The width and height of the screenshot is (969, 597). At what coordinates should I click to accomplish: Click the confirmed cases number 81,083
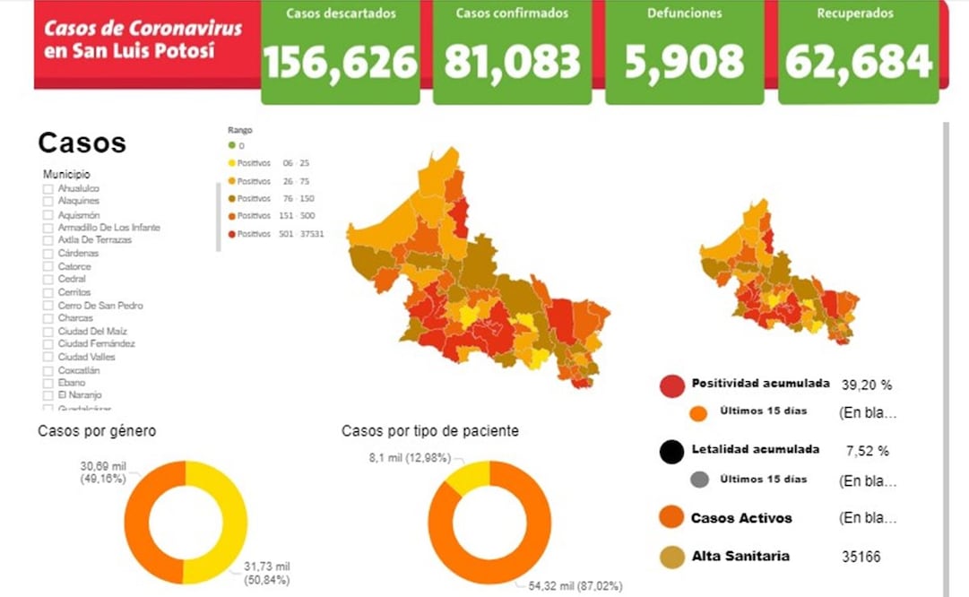pos(512,62)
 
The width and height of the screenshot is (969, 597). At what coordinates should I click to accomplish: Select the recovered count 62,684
pos(859,62)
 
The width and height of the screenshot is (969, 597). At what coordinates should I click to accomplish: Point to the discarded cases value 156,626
pos(340,62)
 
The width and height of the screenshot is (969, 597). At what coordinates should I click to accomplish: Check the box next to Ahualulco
pos(48,189)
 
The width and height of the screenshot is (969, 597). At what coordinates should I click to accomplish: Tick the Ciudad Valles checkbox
pos(48,357)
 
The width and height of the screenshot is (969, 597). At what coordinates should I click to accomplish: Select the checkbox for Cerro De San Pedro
pos(48,306)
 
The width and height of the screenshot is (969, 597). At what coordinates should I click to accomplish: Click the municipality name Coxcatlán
pos(79,370)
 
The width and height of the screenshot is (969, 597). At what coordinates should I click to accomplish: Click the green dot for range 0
pos(232,145)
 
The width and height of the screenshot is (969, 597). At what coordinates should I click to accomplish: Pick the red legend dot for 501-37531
pos(232,234)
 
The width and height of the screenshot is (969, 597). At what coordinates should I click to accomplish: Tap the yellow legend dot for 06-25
pos(232,163)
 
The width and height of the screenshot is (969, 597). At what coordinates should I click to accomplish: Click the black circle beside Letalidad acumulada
pos(671,452)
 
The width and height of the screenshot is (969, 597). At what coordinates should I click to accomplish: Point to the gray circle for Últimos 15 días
pos(700,480)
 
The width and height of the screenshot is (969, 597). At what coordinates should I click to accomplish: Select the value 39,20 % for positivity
pos(866,385)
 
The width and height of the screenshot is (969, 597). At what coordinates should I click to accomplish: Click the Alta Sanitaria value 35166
pos(861,557)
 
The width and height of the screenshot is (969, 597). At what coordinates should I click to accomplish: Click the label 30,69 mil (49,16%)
pos(102,472)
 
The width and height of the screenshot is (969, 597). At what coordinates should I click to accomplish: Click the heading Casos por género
pos(97,431)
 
